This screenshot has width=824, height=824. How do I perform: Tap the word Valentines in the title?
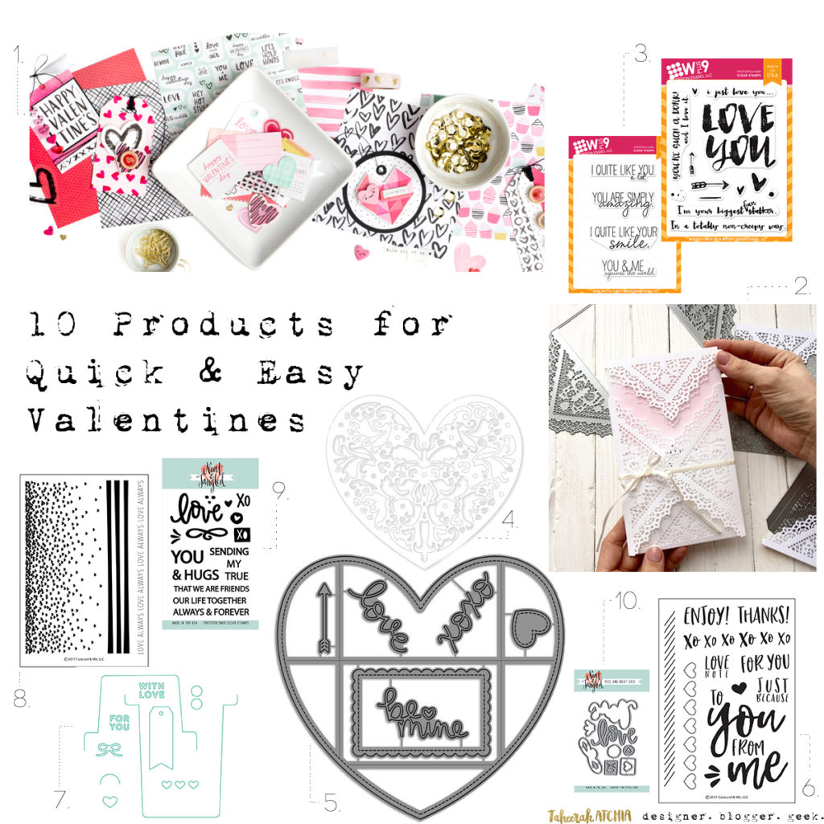tap(165, 419)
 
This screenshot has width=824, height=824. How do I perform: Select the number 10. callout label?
tap(626, 600)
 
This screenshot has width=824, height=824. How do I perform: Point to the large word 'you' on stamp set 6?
tap(735, 722)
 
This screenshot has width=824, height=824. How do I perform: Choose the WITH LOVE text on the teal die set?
tap(150, 690)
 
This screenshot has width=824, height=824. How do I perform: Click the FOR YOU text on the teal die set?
tap(118, 721)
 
